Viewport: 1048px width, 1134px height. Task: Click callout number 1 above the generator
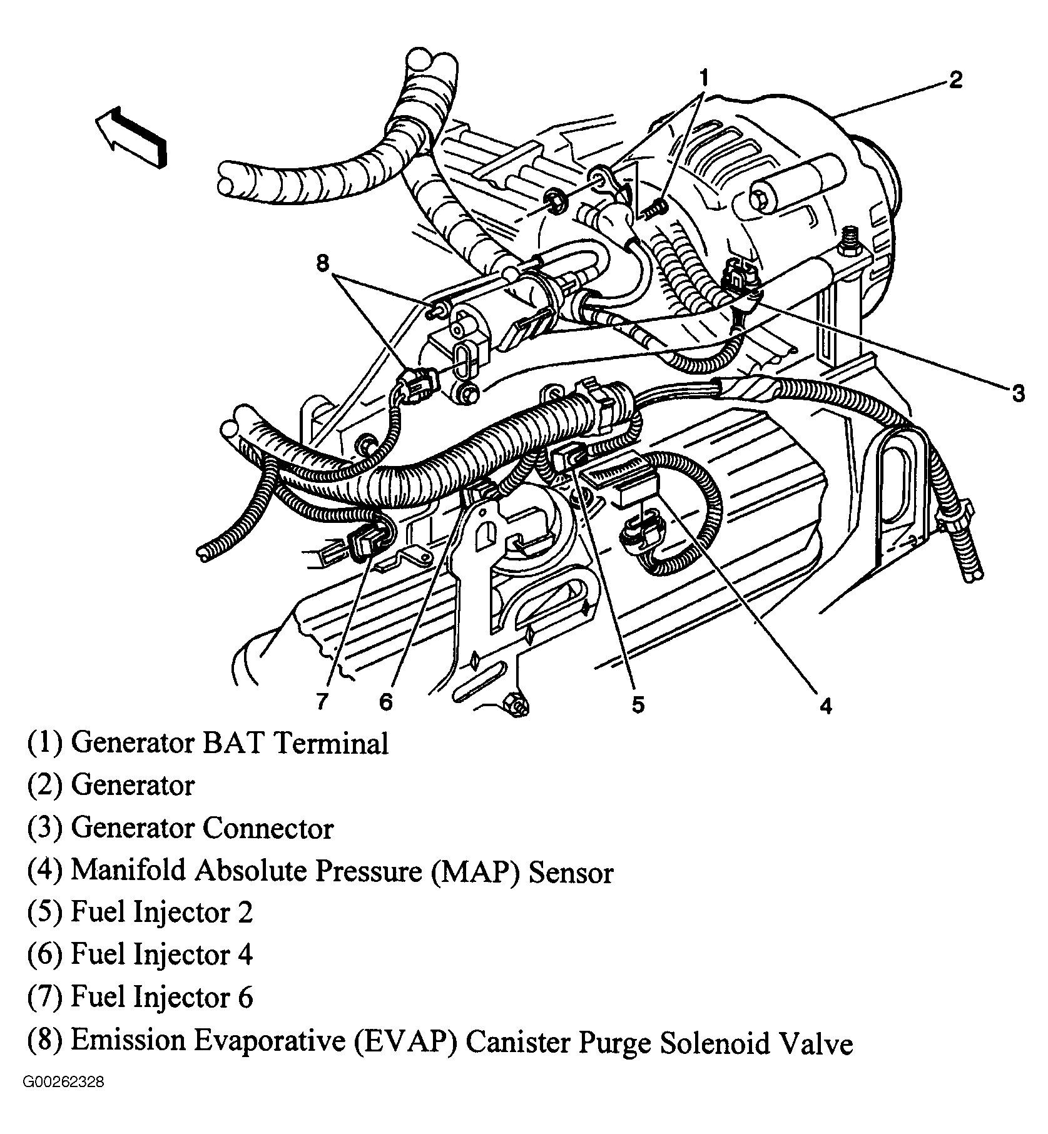click(x=704, y=78)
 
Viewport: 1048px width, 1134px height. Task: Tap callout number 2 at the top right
click(x=955, y=81)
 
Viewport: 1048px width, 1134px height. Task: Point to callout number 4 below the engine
click(x=826, y=706)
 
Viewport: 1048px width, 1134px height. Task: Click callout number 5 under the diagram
click(x=637, y=704)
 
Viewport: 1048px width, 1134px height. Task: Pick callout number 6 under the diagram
click(x=385, y=702)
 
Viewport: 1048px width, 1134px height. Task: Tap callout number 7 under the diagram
click(x=322, y=702)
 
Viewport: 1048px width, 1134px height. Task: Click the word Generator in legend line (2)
click(x=133, y=786)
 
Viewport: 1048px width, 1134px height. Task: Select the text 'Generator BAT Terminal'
click(x=230, y=744)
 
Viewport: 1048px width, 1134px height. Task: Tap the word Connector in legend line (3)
click(x=268, y=829)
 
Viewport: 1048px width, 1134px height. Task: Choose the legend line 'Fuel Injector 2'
click(x=161, y=913)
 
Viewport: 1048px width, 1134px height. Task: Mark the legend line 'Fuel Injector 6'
click(x=161, y=997)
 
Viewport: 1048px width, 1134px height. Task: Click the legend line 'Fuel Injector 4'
click(x=161, y=955)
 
